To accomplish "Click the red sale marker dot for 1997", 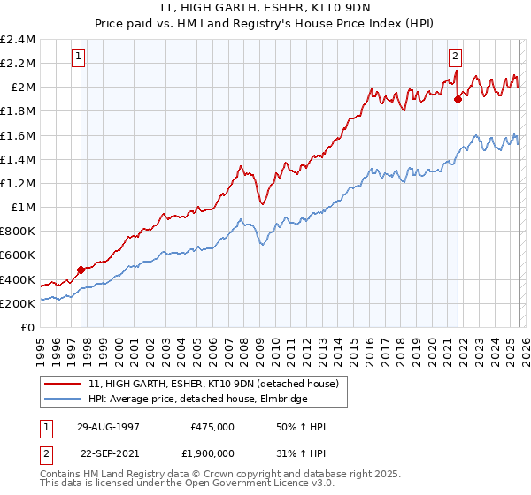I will point(81,270).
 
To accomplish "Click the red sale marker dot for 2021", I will point(458,99).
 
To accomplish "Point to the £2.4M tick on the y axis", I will point(18,40).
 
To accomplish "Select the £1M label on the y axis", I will point(22,208).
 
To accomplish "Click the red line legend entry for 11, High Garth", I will point(212,384).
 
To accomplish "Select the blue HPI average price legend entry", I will point(197,399).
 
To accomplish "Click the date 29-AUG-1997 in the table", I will point(107,427).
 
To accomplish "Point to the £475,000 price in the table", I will point(212,427).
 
